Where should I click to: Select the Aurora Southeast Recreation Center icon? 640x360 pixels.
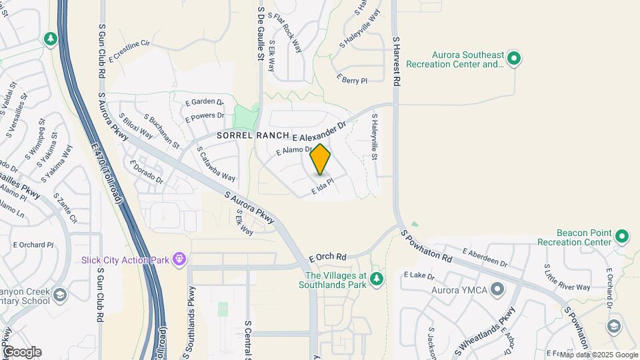click(513, 59)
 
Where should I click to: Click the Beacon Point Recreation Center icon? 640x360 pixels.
click(622, 237)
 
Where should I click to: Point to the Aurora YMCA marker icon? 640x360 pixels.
click(497, 289)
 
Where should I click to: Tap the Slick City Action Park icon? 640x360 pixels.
click(179, 259)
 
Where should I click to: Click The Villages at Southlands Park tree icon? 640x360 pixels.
click(377, 278)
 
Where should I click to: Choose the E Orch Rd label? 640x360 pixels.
click(327, 257)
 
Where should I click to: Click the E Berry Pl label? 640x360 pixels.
click(352, 80)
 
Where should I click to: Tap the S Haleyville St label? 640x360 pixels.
click(374, 138)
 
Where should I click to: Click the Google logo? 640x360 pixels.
click(21, 352)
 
